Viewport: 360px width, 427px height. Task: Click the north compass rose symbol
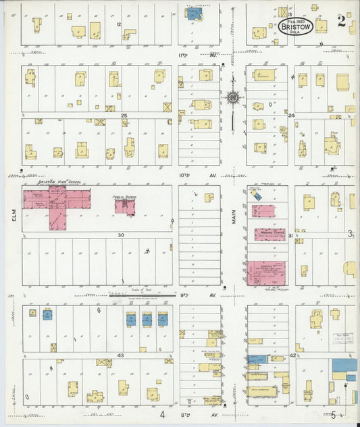(x=233, y=98)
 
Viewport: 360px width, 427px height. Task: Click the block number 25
(x=124, y=116)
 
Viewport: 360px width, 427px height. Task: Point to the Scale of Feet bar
(x=128, y=295)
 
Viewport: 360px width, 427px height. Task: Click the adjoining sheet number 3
(x=350, y=234)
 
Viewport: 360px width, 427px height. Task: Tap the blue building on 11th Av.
(x=195, y=13)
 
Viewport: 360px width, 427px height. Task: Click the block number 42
(x=293, y=355)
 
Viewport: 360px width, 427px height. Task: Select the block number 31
(x=290, y=236)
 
